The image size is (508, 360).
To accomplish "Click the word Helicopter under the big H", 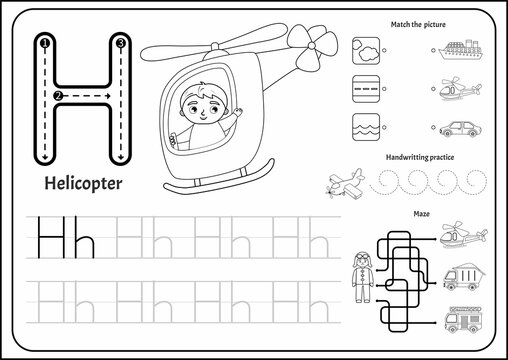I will pos(85,184).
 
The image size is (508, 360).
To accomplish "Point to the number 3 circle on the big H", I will pos(119,43).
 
